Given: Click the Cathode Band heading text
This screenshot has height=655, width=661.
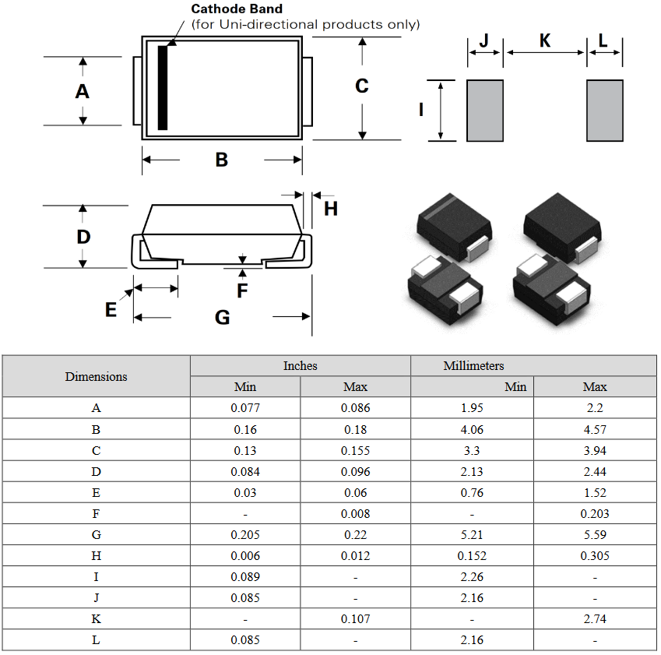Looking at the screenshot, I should click(x=237, y=9).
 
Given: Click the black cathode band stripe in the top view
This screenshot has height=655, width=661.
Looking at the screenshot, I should click(x=163, y=87).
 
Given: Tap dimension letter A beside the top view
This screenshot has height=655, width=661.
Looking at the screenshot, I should click(x=82, y=91).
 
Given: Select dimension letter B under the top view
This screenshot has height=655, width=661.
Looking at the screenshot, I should click(x=222, y=160).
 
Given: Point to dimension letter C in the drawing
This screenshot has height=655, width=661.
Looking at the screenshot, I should click(x=362, y=86).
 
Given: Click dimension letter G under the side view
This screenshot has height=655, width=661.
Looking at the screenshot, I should click(x=223, y=317).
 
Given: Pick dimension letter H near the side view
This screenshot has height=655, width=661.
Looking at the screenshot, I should click(x=331, y=208).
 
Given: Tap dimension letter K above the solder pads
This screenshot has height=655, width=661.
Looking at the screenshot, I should click(x=545, y=40).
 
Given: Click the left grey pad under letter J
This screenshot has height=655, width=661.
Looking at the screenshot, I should click(x=484, y=111).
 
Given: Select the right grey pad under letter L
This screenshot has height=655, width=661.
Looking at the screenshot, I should click(x=604, y=111).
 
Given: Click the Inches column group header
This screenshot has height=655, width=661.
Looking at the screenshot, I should click(x=301, y=365).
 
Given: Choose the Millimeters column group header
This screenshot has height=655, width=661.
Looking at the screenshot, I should click(x=474, y=365).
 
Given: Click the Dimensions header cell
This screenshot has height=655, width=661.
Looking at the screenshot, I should click(x=97, y=376).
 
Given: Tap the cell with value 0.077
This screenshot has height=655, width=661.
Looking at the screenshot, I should click(x=245, y=408).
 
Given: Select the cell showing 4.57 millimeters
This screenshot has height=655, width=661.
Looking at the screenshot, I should click(x=595, y=429).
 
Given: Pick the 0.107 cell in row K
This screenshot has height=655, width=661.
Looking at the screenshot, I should click(x=356, y=618).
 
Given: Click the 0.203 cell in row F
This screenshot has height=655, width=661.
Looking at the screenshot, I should click(x=595, y=513).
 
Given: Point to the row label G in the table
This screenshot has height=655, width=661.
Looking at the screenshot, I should click(x=97, y=534).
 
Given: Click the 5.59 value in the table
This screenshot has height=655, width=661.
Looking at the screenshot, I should click(x=595, y=534).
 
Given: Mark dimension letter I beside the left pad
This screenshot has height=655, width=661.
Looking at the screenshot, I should click(x=421, y=110).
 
